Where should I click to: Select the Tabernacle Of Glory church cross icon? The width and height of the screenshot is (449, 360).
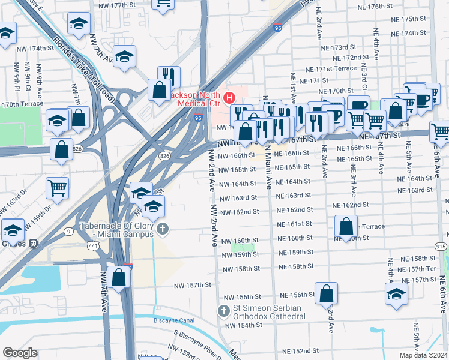pyautogui.click(x=163, y=229)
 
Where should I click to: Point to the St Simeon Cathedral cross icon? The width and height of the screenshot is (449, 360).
pyautogui.click(x=223, y=311)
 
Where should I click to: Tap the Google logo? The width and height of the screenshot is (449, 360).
pyautogui.click(x=20, y=353)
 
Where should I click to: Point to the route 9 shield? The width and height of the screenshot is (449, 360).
pyautogui.click(x=69, y=232)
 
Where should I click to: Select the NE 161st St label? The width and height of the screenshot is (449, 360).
pyautogui.click(x=294, y=224)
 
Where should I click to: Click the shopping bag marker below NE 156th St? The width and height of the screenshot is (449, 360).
pyautogui.click(x=326, y=295)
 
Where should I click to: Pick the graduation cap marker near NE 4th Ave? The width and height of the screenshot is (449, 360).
pyautogui.click(x=396, y=294)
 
